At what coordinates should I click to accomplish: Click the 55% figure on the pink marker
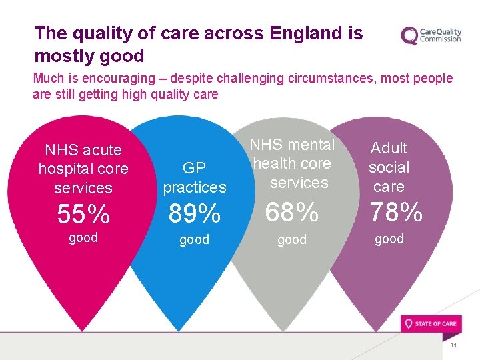(83, 214)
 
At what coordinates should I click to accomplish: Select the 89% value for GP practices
(194, 214)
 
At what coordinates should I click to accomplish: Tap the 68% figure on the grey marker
(292, 213)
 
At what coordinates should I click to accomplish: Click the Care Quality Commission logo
(431, 35)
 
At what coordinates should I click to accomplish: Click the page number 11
(454, 345)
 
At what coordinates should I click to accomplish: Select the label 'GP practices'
(195, 178)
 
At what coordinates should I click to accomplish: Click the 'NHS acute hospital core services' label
(83, 169)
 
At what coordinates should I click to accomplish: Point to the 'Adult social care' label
(389, 167)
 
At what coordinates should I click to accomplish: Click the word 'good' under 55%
(83, 237)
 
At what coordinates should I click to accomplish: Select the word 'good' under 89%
(194, 239)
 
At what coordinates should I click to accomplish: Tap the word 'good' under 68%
(292, 239)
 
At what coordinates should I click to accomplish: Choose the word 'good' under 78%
(389, 239)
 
